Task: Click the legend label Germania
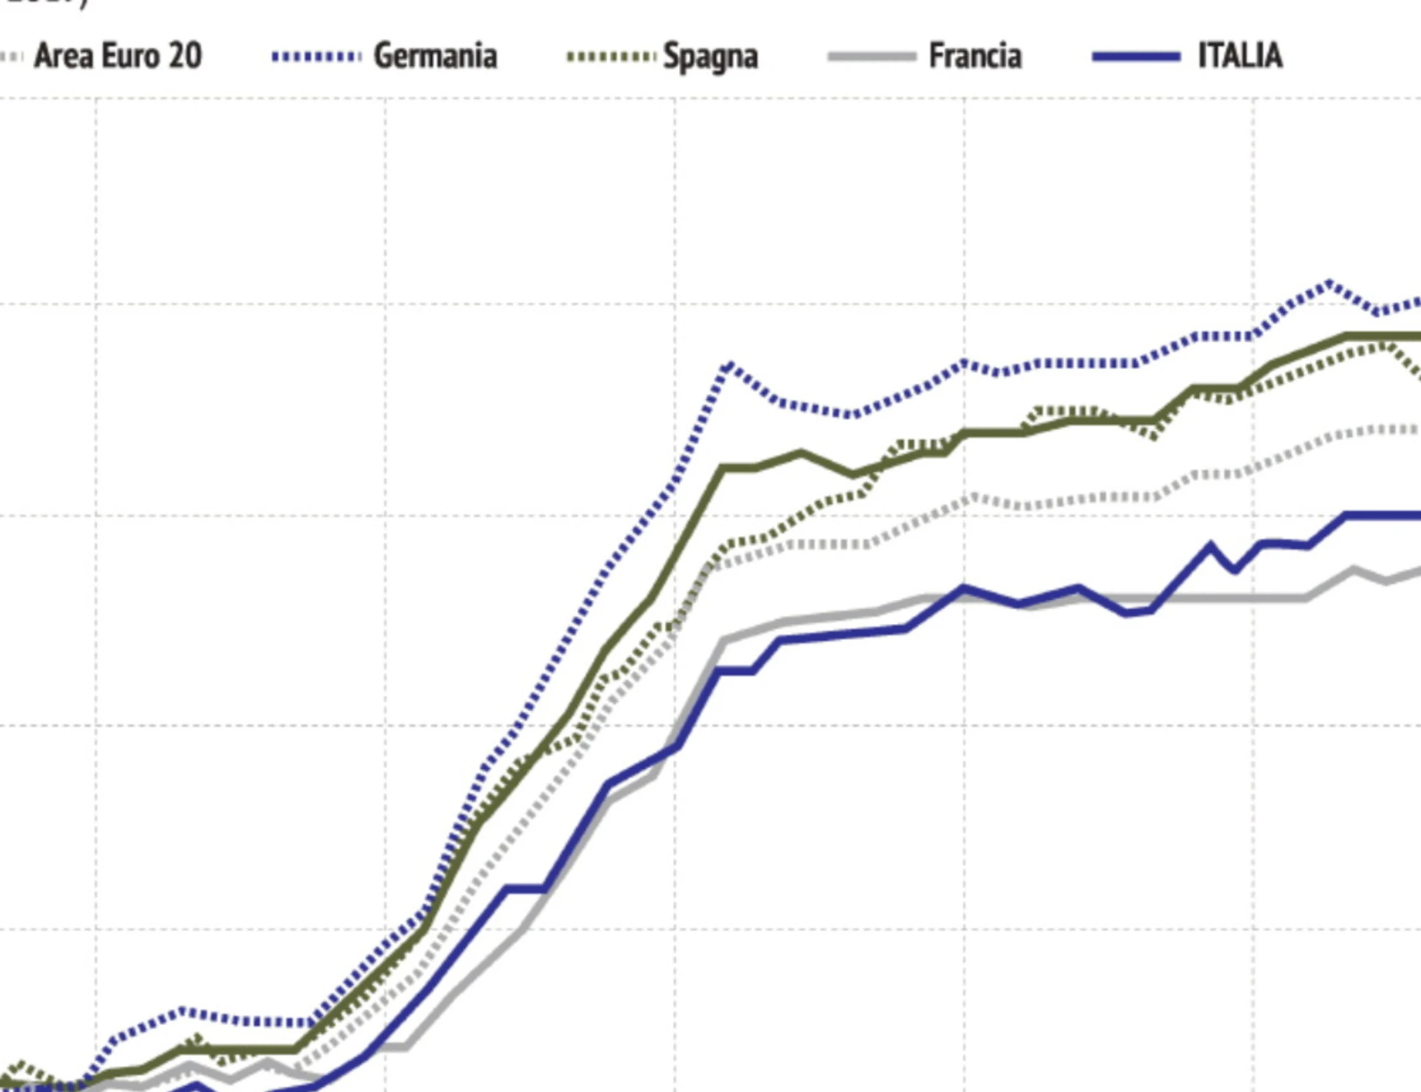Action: click(x=435, y=56)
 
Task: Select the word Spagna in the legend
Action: click(x=710, y=57)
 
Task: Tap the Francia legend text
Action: click(x=975, y=56)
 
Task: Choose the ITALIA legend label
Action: click(x=1240, y=56)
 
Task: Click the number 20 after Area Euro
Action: click(x=184, y=56)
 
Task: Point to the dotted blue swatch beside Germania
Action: click(x=316, y=57)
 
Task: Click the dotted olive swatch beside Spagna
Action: click(x=610, y=57)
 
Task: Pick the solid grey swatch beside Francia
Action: click(x=872, y=57)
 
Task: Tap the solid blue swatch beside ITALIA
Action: click(x=1136, y=57)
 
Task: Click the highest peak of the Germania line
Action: click(x=1329, y=283)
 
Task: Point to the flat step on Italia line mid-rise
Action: click(x=525, y=888)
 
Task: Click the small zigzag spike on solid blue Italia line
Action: click(x=1211, y=545)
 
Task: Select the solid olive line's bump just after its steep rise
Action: click(x=800, y=454)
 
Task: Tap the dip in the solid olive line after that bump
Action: click(x=854, y=474)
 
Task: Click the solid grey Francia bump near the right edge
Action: click(x=1353, y=570)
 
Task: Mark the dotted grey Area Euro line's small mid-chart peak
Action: click(x=972, y=498)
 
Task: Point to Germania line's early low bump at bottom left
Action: click(x=181, y=1011)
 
